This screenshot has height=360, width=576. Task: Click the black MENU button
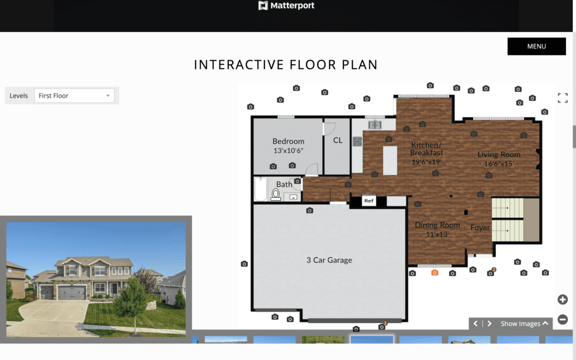pos(537,46)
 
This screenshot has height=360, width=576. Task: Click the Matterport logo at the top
pos(286,6)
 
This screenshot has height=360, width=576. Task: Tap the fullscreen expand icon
pos(562,98)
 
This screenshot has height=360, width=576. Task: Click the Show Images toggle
pos(524,324)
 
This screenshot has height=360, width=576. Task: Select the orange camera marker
pos(435,273)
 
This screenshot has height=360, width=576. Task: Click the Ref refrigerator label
pos(369,201)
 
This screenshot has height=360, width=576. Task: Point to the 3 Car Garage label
pos(329,260)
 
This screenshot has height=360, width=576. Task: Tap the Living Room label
pos(499,155)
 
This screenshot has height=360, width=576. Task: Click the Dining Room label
pos(437,226)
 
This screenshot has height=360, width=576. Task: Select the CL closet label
pos(338,141)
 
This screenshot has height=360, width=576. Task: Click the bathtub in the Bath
pos(261,189)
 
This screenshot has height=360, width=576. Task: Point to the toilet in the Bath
pos(276,195)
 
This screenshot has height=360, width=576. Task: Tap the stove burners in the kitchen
pos(357,141)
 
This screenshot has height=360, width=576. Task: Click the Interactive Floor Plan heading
pos(286,65)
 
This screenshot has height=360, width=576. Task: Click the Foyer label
pos(480,228)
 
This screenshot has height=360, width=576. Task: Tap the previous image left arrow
pos(476,324)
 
